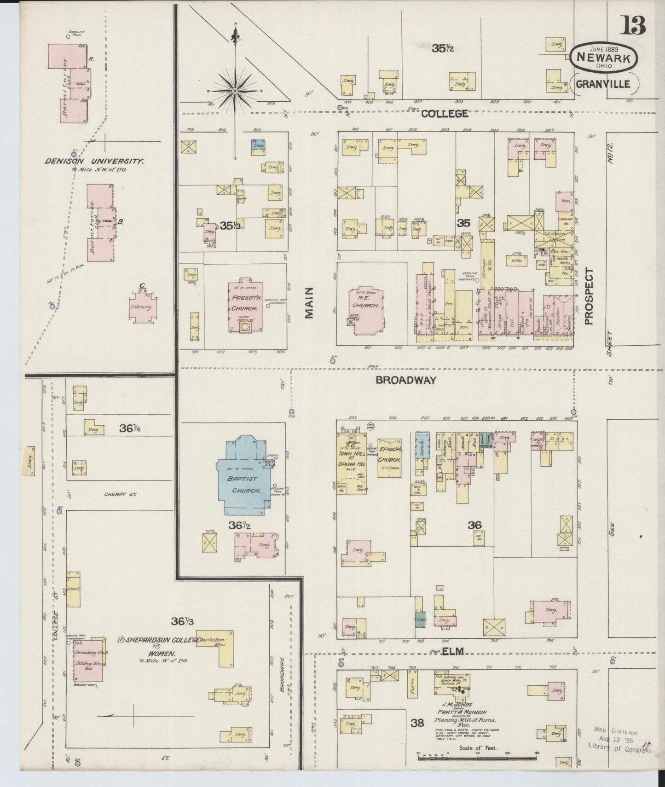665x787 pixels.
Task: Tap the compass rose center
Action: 235,91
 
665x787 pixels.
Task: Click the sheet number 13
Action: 634,25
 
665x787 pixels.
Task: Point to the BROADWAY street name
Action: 405,380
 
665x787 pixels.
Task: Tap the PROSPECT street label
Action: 590,297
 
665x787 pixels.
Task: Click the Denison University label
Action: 94,161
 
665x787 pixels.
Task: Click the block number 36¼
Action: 130,428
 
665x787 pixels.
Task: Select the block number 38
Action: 417,723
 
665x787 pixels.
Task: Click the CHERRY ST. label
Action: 121,494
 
